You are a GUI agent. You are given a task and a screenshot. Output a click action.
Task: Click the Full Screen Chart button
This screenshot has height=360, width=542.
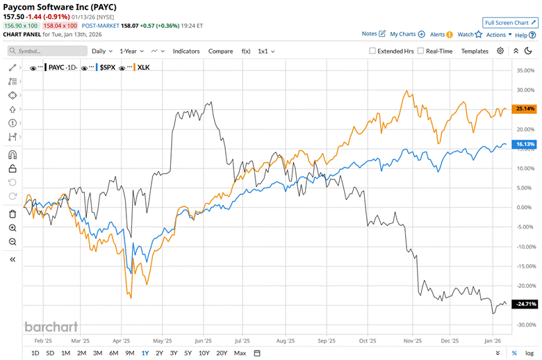[511, 22]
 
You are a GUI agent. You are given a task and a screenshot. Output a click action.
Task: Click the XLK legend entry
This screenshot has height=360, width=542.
[142, 67]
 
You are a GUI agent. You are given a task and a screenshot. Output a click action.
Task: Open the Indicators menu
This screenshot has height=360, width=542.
[186, 51]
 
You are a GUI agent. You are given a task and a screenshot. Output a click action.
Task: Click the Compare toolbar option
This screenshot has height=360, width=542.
[221, 51]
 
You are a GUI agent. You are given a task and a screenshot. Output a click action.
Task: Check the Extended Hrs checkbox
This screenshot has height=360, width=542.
[372, 51]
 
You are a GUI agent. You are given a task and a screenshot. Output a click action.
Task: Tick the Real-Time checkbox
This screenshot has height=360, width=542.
[420, 51]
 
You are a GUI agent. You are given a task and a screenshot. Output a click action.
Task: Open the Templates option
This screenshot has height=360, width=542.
[475, 51]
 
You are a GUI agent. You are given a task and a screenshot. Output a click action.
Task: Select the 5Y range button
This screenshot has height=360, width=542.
[188, 353]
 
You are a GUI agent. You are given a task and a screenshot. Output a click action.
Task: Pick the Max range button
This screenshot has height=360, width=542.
[240, 353]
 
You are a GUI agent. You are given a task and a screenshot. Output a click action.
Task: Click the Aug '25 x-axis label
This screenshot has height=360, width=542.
[286, 341]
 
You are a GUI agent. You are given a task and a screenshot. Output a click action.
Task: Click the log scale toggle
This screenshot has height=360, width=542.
[530, 353]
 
